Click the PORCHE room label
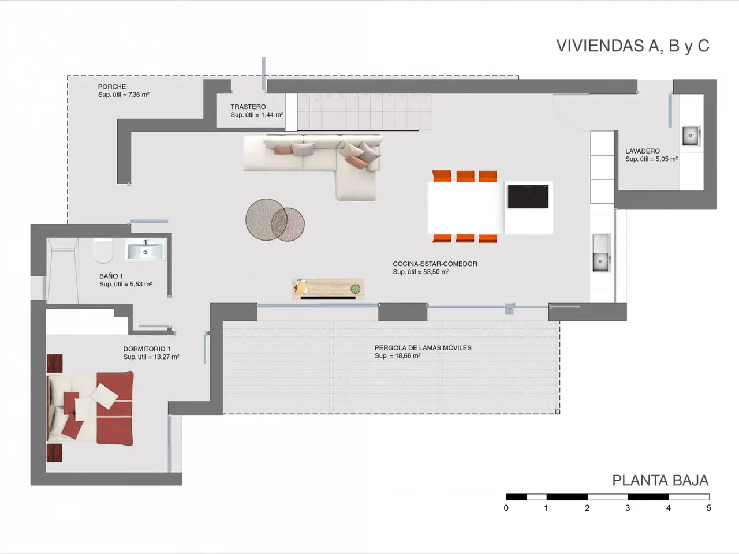[112, 87]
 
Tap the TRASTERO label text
[248, 107]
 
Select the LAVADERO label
[643, 151]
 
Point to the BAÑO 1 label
[111, 276]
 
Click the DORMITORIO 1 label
[147, 349]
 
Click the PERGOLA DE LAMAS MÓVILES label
[423, 348]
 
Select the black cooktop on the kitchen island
[528, 196]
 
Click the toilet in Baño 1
[103, 251]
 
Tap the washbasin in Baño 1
[145, 250]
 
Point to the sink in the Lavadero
[692, 136]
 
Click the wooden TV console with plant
[327, 289]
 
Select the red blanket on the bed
[115, 409]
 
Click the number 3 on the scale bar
[628, 508]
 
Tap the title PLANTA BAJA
[660, 480]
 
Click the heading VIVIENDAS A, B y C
[633, 46]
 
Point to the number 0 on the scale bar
[506, 508]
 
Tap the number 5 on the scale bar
[709, 508]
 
